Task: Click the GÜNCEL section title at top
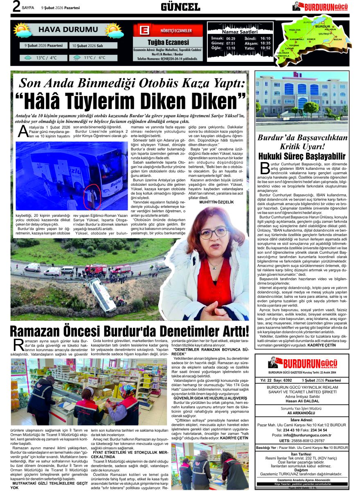coord(180,7)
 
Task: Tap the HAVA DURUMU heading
coord(68,29)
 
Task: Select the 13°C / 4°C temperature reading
coord(46,58)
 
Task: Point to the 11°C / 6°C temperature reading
coord(94,58)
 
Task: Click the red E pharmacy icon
coord(144,31)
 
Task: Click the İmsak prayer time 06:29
coord(231,38)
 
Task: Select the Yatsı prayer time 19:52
coord(265,48)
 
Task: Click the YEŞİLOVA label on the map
coord(295,30)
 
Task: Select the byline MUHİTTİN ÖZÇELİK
coord(216,202)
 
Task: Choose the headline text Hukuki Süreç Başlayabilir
coord(302,156)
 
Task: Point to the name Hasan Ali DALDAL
coord(302,401)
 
